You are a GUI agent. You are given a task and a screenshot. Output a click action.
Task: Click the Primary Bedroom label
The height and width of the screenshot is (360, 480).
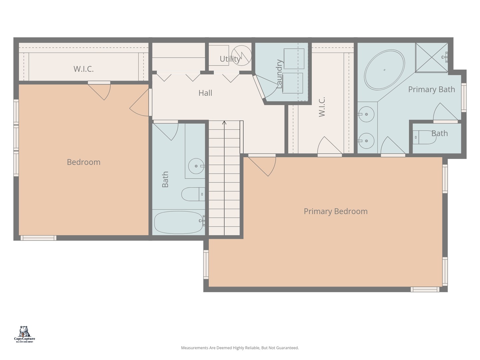click(x=335, y=211)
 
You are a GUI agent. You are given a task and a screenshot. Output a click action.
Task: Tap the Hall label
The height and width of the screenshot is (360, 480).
click(x=205, y=93)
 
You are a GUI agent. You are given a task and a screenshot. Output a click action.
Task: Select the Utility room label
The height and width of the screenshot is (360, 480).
click(x=230, y=59)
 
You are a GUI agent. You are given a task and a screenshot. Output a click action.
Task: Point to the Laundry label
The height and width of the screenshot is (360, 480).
click(x=280, y=74)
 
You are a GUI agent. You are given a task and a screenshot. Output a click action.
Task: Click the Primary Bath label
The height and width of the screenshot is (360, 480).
click(x=431, y=89)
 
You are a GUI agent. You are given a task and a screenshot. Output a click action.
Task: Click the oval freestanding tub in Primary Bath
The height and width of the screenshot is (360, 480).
click(x=384, y=70)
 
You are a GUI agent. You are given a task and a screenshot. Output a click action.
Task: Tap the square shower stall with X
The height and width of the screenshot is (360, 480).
click(x=431, y=57)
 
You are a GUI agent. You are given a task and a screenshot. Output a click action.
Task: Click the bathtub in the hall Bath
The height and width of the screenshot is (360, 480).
click(x=179, y=222)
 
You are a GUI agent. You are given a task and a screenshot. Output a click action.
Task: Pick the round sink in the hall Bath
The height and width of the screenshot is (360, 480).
click(x=196, y=166)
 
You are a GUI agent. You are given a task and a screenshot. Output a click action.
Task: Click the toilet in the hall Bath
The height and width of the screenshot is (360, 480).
click(x=193, y=194)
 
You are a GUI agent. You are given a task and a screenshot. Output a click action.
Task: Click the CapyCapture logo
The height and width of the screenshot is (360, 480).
click(x=24, y=334)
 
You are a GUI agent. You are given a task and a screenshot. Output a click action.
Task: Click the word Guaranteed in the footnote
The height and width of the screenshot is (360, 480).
click(x=287, y=348)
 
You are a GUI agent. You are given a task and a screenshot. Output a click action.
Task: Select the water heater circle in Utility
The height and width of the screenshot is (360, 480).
click(x=241, y=56)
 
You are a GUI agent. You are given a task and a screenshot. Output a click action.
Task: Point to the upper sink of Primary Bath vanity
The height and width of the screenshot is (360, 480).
click(x=366, y=114)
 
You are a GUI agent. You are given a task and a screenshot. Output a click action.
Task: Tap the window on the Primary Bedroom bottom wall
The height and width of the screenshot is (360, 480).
click(x=425, y=289)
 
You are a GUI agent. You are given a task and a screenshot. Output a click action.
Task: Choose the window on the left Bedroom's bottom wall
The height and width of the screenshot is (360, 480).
click(x=38, y=238)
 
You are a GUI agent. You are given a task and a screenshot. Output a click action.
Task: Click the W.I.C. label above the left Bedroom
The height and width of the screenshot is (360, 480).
click(x=84, y=69)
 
